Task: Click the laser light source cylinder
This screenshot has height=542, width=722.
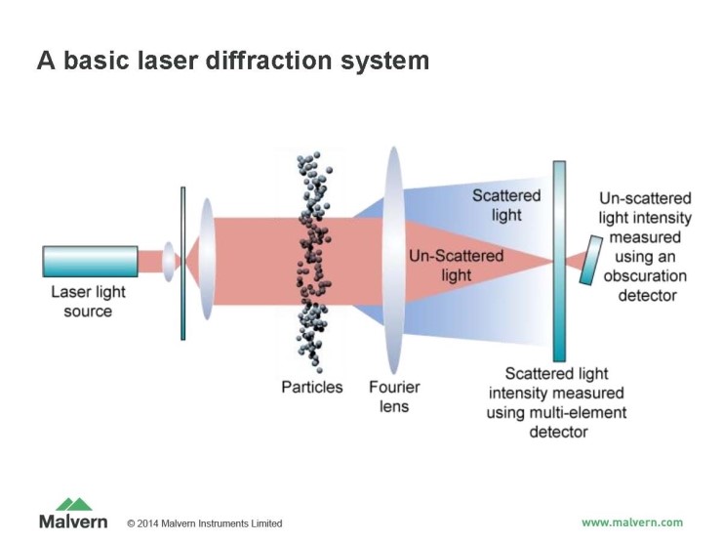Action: (90, 261)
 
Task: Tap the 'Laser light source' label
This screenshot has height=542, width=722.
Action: (89, 301)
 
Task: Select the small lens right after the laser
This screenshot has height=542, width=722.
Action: (169, 261)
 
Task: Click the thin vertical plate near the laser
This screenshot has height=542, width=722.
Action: (182, 263)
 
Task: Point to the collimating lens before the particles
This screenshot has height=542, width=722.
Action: (206, 261)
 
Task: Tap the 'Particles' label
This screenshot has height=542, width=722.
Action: (312, 387)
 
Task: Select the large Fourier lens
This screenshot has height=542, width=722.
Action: (394, 259)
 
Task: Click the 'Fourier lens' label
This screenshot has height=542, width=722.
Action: (394, 396)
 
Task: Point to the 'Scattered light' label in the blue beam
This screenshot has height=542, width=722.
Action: (506, 205)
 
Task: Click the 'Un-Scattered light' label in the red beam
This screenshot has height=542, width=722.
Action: (457, 266)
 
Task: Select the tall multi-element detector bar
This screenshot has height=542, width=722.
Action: (560, 261)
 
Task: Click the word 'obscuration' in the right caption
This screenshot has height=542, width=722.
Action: (646, 275)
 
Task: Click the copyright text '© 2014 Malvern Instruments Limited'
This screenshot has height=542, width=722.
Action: (205, 523)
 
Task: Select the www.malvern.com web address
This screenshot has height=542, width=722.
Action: (632, 521)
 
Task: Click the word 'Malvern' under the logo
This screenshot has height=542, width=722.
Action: (73, 521)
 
